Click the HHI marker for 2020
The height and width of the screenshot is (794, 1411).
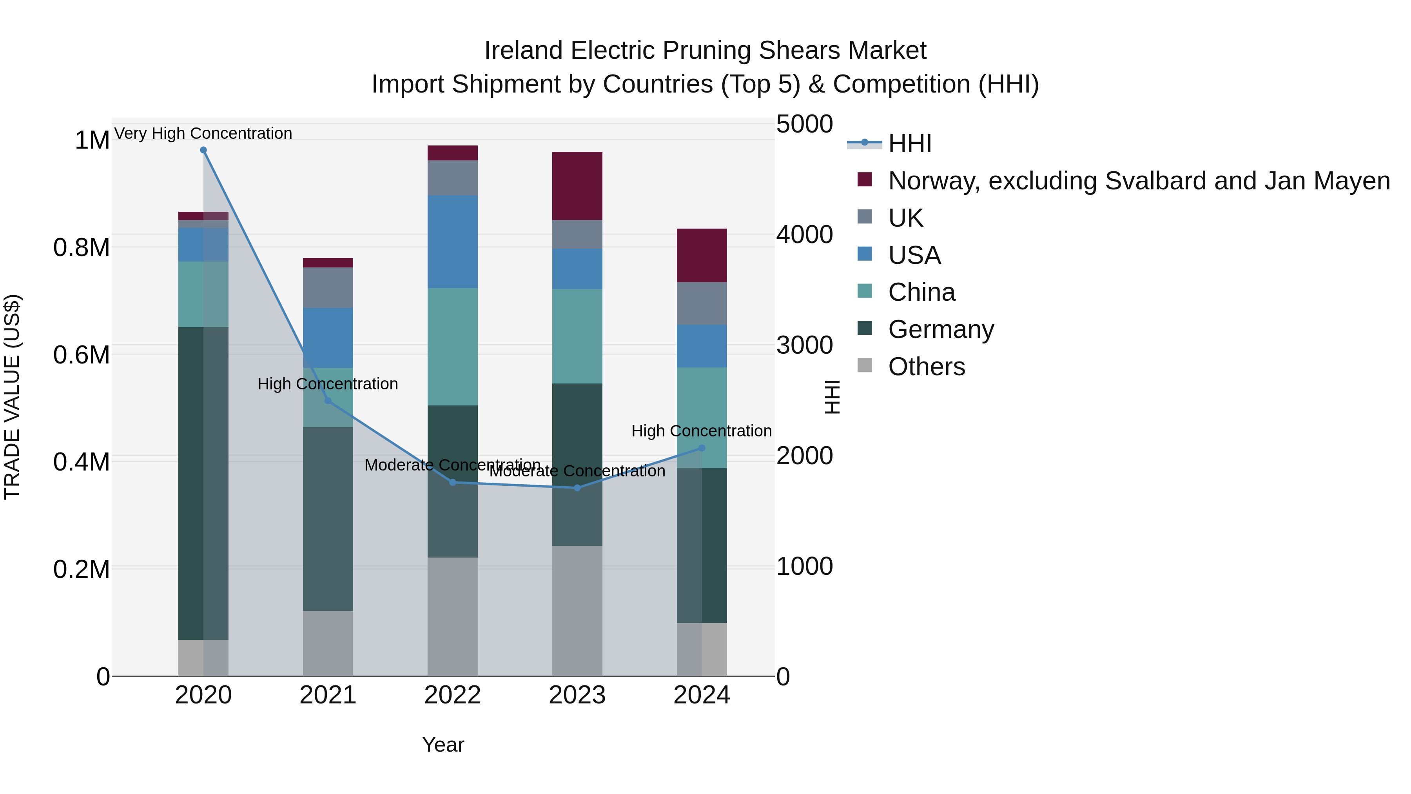point(203,150)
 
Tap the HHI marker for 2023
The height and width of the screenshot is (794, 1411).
point(577,488)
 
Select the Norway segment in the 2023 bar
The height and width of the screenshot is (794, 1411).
point(577,186)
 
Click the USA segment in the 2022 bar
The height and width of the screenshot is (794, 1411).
point(452,242)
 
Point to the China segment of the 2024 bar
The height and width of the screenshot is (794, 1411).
point(702,418)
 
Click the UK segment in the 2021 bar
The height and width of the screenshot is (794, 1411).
point(328,288)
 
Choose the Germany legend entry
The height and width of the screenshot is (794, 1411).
point(941,329)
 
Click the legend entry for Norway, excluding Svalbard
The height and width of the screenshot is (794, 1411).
point(1138,181)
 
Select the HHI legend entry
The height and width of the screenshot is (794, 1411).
point(909,144)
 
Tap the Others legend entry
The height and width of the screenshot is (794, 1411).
point(926,367)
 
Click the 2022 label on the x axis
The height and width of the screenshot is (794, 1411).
point(452,695)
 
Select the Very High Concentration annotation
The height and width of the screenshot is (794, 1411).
point(203,133)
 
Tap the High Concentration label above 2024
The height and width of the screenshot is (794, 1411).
point(701,431)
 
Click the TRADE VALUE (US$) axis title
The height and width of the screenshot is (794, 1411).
point(12,397)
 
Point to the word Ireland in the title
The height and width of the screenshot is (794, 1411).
point(523,51)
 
